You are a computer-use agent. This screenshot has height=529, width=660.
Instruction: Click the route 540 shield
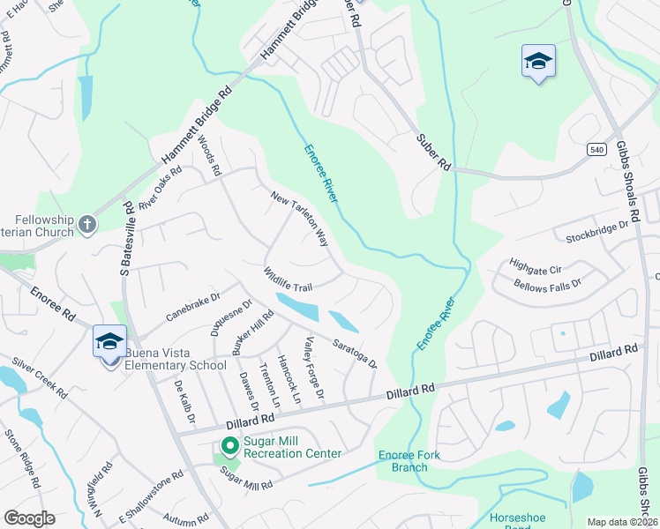[x=598, y=151]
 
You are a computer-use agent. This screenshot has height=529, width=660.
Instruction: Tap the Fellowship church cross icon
[x=86, y=225]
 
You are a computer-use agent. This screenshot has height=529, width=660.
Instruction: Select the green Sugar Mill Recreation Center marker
[x=229, y=447]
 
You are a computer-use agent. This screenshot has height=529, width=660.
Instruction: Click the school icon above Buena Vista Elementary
[x=109, y=342]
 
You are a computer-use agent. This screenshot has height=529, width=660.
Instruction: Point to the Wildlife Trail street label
[x=288, y=281]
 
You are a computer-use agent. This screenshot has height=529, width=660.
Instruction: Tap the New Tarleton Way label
[x=299, y=219]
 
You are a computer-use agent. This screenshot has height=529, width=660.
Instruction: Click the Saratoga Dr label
[x=355, y=354]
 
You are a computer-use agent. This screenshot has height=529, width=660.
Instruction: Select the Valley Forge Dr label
[x=315, y=368]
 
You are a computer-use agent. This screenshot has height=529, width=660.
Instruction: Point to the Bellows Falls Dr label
[x=548, y=284]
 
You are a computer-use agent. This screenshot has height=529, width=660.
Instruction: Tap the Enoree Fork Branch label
[x=409, y=461]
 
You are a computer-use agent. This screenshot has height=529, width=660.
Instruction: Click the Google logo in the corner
[x=29, y=518]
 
